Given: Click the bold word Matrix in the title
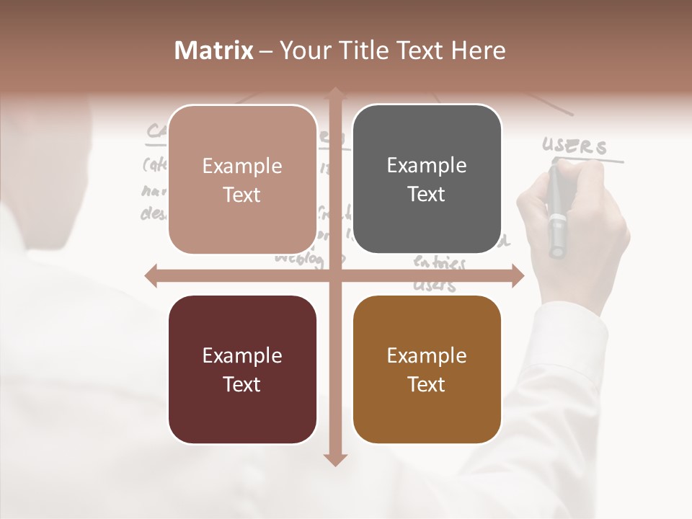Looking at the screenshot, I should tap(214, 50).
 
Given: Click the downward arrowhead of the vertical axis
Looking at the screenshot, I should tap(334, 459).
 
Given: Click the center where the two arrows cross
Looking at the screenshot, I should tap(334, 275).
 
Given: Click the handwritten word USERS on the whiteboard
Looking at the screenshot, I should tap(575, 146).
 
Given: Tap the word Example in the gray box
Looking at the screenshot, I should tap(427, 166).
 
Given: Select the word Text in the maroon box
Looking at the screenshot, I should tap(242, 384).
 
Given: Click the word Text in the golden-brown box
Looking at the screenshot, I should tap(427, 384).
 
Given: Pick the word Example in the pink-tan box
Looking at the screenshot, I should tap(242, 167).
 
